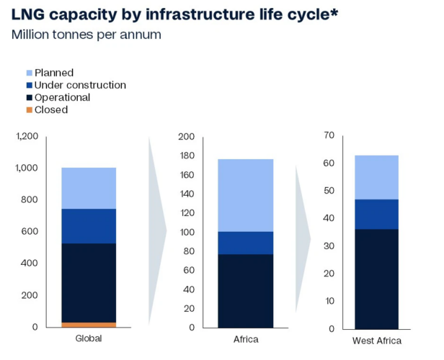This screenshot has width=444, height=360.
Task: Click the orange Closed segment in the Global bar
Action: point(89,325)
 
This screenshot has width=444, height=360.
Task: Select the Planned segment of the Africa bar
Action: point(245,194)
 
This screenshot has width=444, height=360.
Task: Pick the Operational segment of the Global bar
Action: point(89,282)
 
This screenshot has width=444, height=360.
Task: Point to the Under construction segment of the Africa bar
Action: point(245,243)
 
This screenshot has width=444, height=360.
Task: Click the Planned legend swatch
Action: point(28,73)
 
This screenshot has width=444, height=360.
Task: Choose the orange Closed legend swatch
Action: point(28,110)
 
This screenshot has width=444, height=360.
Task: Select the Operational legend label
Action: point(62,98)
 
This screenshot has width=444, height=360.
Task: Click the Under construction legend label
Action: point(80,85)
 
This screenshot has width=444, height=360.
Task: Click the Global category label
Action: point(89,339)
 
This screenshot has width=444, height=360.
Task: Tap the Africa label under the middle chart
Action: point(245,339)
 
